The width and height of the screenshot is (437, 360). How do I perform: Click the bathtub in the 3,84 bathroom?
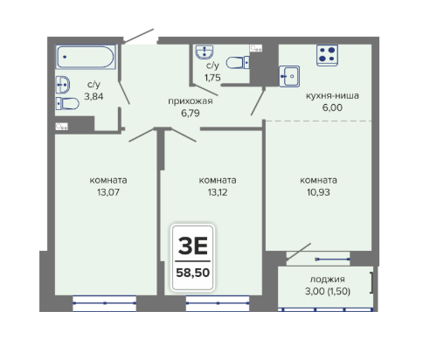(86, 57)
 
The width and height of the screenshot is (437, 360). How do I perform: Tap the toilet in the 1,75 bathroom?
(238, 63)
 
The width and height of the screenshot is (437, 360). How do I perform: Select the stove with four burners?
(327, 55)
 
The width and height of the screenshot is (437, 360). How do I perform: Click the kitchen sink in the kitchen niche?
(289, 76)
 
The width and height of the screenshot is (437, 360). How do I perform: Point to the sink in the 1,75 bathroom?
(205, 52)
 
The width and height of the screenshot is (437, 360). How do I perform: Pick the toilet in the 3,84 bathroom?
(67, 103)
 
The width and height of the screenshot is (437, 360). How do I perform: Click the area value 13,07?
(108, 192)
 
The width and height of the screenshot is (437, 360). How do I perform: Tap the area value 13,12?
(218, 192)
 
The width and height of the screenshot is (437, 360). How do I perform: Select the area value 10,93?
(318, 192)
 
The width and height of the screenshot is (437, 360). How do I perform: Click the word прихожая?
(191, 101)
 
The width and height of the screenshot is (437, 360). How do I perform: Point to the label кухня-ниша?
(332, 95)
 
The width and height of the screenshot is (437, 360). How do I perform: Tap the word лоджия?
(327, 280)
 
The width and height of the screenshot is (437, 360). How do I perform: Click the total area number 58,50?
(193, 273)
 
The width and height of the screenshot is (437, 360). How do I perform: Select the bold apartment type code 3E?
(193, 246)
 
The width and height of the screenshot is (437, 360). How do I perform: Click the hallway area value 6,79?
(191, 113)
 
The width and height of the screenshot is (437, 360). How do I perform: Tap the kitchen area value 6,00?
(332, 107)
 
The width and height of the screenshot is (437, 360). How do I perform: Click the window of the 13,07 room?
(104, 303)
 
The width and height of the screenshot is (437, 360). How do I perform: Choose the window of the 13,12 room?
(218, 303)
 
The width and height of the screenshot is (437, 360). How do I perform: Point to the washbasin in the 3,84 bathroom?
(62, 85)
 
